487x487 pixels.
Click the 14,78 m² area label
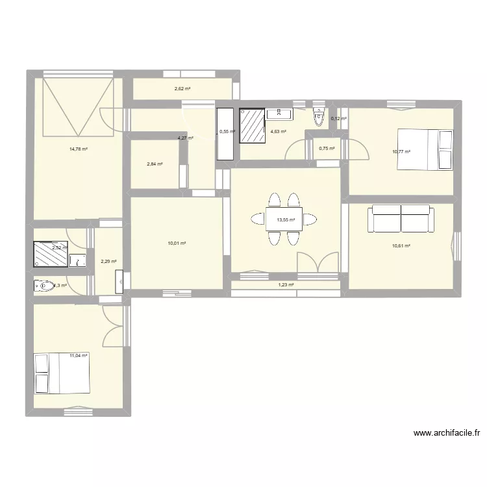79,149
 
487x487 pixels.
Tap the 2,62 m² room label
182,89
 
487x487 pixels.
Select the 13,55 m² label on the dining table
286,220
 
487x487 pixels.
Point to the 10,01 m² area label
177,243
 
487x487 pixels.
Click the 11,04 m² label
78,355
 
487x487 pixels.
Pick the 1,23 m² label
286,284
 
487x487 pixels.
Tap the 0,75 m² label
327,148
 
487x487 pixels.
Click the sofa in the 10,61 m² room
401,219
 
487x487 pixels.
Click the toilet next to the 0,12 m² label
318,117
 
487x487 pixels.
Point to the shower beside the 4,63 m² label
253,125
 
